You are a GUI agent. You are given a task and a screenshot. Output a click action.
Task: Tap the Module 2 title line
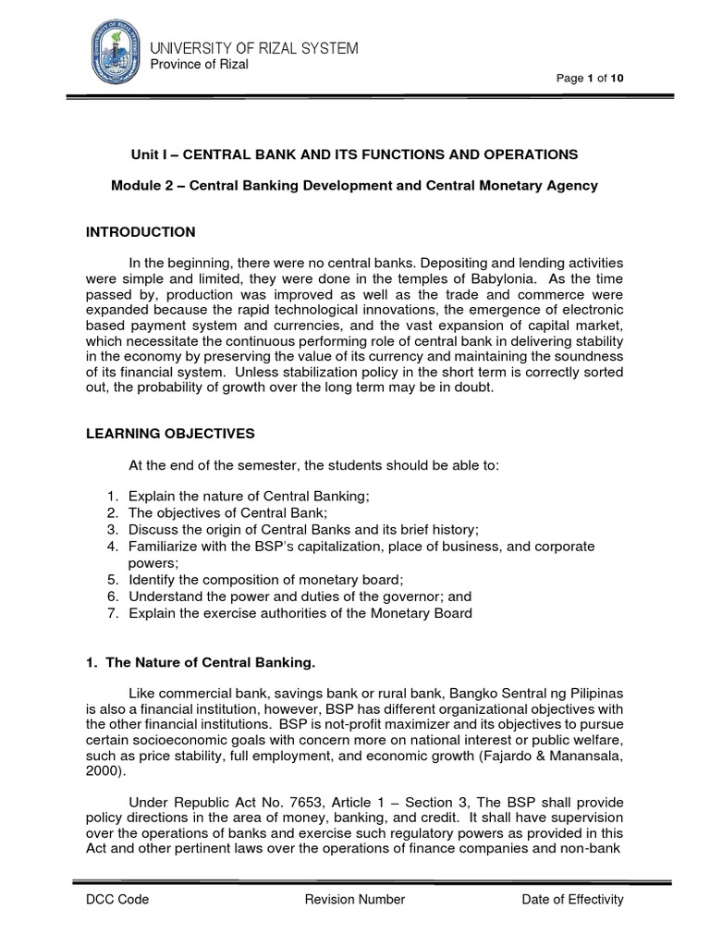[x=354, y=186]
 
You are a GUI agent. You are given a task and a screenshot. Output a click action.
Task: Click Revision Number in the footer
[x=354, y=899]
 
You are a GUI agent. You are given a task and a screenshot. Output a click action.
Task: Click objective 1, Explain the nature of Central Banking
[x=249, y=496]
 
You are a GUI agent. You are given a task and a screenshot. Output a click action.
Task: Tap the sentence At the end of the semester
[x=313, y=465]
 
